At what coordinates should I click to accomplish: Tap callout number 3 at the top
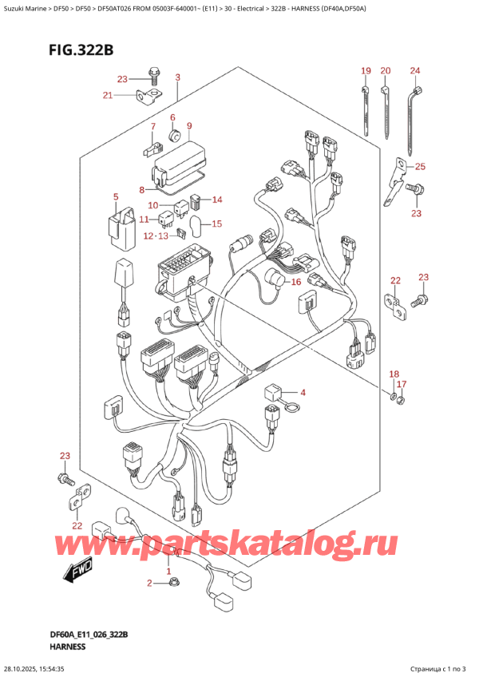177,77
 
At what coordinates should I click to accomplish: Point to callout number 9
189,126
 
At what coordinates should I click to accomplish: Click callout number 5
116,196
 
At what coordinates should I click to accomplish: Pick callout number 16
295,282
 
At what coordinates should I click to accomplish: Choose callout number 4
303,392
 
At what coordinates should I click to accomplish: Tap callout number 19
366,72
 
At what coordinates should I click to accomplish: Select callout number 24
415,72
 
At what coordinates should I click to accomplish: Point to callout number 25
421,166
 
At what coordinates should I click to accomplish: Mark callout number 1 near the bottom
168,572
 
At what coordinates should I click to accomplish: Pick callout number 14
217,200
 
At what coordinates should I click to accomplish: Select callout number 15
216,224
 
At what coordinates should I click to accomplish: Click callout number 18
393,374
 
